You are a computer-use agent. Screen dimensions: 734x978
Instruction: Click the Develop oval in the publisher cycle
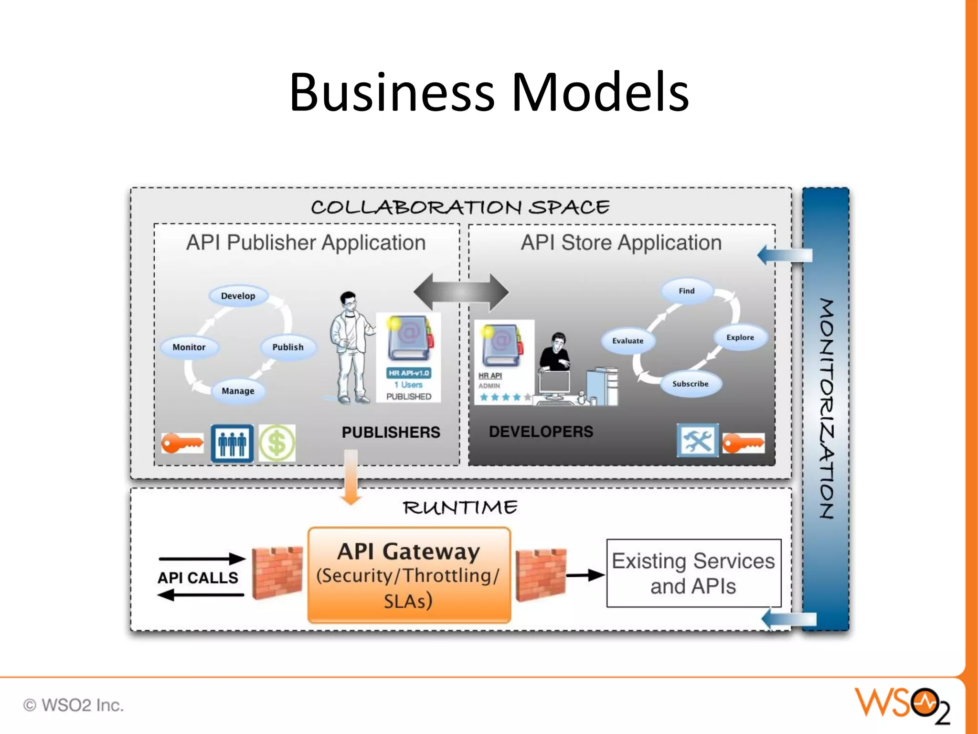pos(238,296)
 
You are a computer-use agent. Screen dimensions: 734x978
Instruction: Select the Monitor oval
pos(189,347)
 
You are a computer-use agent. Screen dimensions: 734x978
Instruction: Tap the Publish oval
pos(288,347)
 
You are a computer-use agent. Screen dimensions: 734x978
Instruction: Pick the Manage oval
pos(238,391)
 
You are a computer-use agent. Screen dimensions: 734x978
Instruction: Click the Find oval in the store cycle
pos(687,291)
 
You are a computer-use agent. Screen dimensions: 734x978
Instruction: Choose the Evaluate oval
pos(628,341)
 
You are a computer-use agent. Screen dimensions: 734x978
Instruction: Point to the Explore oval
pos(740,337)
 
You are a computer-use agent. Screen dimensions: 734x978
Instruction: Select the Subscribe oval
pos(691,384)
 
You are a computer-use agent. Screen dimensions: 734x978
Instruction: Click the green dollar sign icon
pos(277,443)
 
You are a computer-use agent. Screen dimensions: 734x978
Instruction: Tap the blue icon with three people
pos(232,443)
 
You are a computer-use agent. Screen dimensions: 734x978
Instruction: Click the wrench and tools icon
pos(697,440)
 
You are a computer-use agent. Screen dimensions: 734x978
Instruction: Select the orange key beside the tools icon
pos(743,443)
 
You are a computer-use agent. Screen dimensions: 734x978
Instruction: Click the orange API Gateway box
pos(409,575)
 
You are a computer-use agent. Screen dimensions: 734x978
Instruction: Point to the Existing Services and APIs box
pos(693,573)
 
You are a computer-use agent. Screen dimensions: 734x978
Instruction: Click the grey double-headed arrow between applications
pos(461,291)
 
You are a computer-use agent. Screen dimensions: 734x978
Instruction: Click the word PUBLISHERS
pos(391,432)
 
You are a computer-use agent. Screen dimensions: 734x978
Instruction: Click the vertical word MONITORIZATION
pos(826,409)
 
